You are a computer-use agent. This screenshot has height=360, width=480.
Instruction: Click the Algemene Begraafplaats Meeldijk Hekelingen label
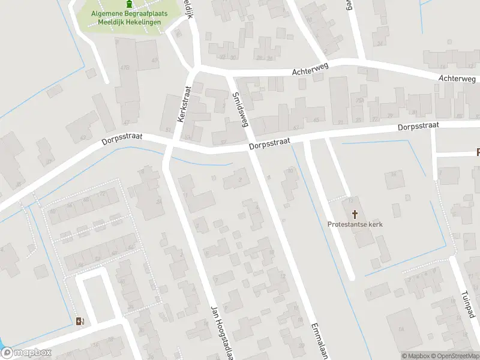point(128,18)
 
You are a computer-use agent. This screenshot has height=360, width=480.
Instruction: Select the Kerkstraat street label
point(184,103)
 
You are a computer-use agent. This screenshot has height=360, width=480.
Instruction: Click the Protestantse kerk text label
point(355,224)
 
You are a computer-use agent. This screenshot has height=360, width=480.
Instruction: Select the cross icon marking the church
point(355,214)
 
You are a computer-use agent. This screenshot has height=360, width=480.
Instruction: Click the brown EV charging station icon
point(80,321)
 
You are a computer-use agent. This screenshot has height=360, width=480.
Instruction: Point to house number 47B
point(125,67)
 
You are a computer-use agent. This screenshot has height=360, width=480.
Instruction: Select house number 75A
point(360,100)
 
